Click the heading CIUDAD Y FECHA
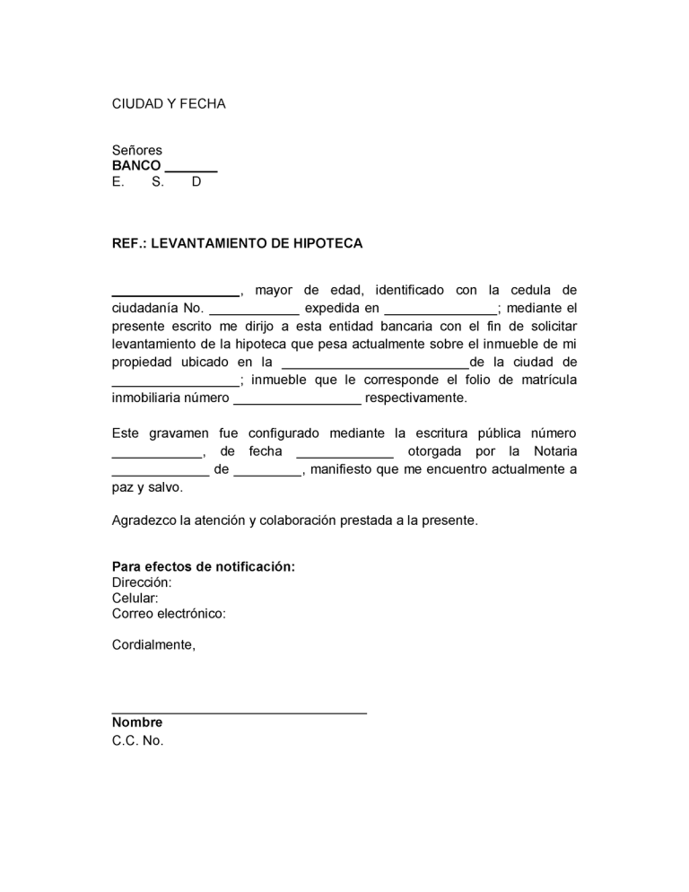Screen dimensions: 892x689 169,104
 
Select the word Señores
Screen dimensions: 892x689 136,150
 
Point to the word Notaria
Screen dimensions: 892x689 554,451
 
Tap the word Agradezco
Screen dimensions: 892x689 144,520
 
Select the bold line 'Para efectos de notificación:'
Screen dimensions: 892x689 204,566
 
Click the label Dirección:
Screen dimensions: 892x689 142,582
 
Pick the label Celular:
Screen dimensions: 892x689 135,598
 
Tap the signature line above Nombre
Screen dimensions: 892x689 239,713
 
